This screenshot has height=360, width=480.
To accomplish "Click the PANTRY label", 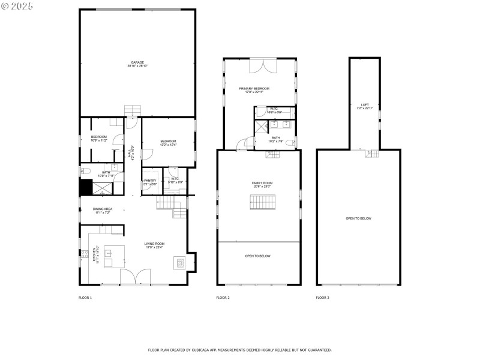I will click(x=150, y=182).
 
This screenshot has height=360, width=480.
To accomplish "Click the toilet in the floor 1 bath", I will click(x=85, y=172).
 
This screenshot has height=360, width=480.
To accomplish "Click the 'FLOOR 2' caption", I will click(x=223, y=298).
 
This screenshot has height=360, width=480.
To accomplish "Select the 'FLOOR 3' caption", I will click(x=323, y=298).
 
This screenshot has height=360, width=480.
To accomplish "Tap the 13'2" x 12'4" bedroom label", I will click(x=168, y=143).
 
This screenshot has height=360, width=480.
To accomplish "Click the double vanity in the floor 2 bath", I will click(x=280, y=124).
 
